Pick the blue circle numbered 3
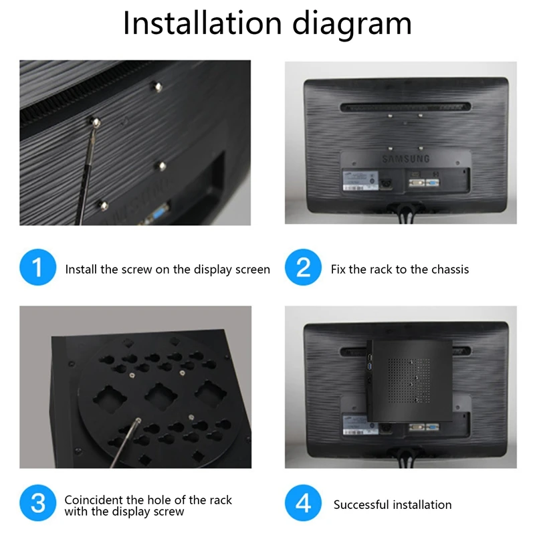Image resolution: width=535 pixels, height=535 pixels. pyautogui.click(x=37, y=503)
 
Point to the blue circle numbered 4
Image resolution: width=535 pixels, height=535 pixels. pyautogui.click(x=303, y=503)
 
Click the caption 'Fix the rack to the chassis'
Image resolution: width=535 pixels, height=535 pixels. pyautogui.click(x=400, y=270)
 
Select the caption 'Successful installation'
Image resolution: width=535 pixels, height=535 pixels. pyautogui.click(x=393, y=505)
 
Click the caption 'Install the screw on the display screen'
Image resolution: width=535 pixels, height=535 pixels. pyautogui.click(x=167, y=270)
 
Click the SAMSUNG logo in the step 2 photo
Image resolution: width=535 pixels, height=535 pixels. pyautogui.click(x=405, y=159)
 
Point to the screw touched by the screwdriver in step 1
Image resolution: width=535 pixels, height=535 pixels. pyautogui.click(x=97, y=121)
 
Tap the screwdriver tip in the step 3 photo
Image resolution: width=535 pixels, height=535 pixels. pyautogui.click(x=136, y=422)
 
